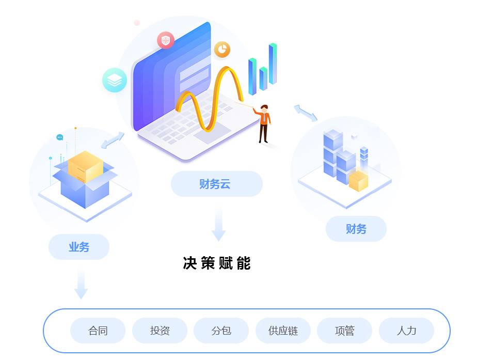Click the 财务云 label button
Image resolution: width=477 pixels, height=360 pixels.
click(216, 184)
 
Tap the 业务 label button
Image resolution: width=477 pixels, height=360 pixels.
click(79, 247)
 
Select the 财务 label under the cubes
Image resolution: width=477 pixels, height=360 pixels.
click(356, 229)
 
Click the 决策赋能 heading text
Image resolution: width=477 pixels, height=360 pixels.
click(217, 263)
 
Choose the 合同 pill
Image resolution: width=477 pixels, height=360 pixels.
click(98, 331)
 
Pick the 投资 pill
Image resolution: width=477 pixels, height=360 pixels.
click(160, 331)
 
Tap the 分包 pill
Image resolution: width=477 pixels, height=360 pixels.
click(221, 331)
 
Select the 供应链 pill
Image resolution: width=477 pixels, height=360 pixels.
click(283, 331)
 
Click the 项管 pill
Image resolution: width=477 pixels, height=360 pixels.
click(344, 331)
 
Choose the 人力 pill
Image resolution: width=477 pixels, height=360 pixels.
click(406, 331)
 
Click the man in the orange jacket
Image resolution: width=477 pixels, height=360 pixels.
click(264, 123)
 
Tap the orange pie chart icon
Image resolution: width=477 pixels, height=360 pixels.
click(222, 50)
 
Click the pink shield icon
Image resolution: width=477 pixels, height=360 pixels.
click(166, 40)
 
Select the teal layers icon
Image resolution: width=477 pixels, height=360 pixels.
click(115, 80)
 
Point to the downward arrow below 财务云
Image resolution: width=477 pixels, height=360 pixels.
click(219, 225)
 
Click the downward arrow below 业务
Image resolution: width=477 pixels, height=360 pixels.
click(81, 284)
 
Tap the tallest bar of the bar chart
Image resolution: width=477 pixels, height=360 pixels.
click(273, 64)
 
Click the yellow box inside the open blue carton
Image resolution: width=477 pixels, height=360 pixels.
click(86, 166)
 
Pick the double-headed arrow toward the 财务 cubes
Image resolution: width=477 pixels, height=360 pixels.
click(306, 113)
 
